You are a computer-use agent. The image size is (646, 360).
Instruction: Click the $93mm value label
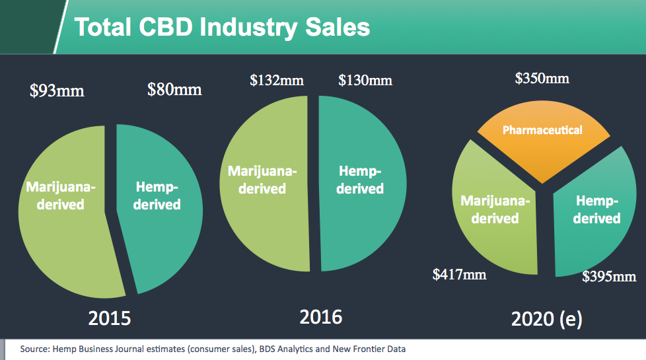point(57,90)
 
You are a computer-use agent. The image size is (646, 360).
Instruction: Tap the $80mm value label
point(174,89)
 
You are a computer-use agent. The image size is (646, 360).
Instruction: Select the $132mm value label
point(277,81)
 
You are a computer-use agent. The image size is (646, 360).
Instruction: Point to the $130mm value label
point(365,81)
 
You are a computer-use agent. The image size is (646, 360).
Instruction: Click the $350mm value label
point(542,79)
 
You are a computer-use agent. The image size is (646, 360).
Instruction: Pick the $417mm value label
point(459,273)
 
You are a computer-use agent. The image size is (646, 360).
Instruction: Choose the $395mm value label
point(609,277)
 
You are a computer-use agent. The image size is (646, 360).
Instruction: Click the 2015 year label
point(110,318)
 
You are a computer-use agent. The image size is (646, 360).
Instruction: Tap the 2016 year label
point(321,316)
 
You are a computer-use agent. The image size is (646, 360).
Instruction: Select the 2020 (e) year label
point(546,319)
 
